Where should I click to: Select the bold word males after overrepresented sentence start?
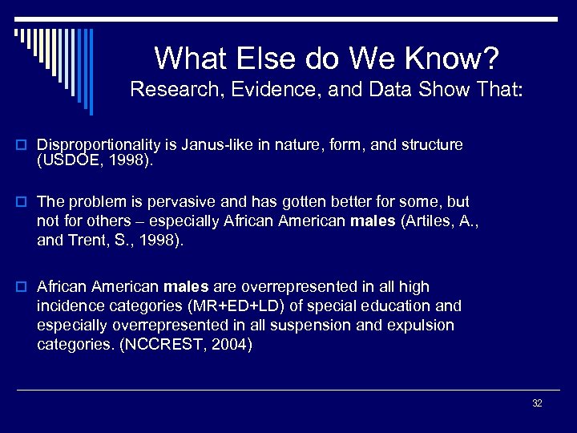point(185,286)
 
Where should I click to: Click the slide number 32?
point(537,403)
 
